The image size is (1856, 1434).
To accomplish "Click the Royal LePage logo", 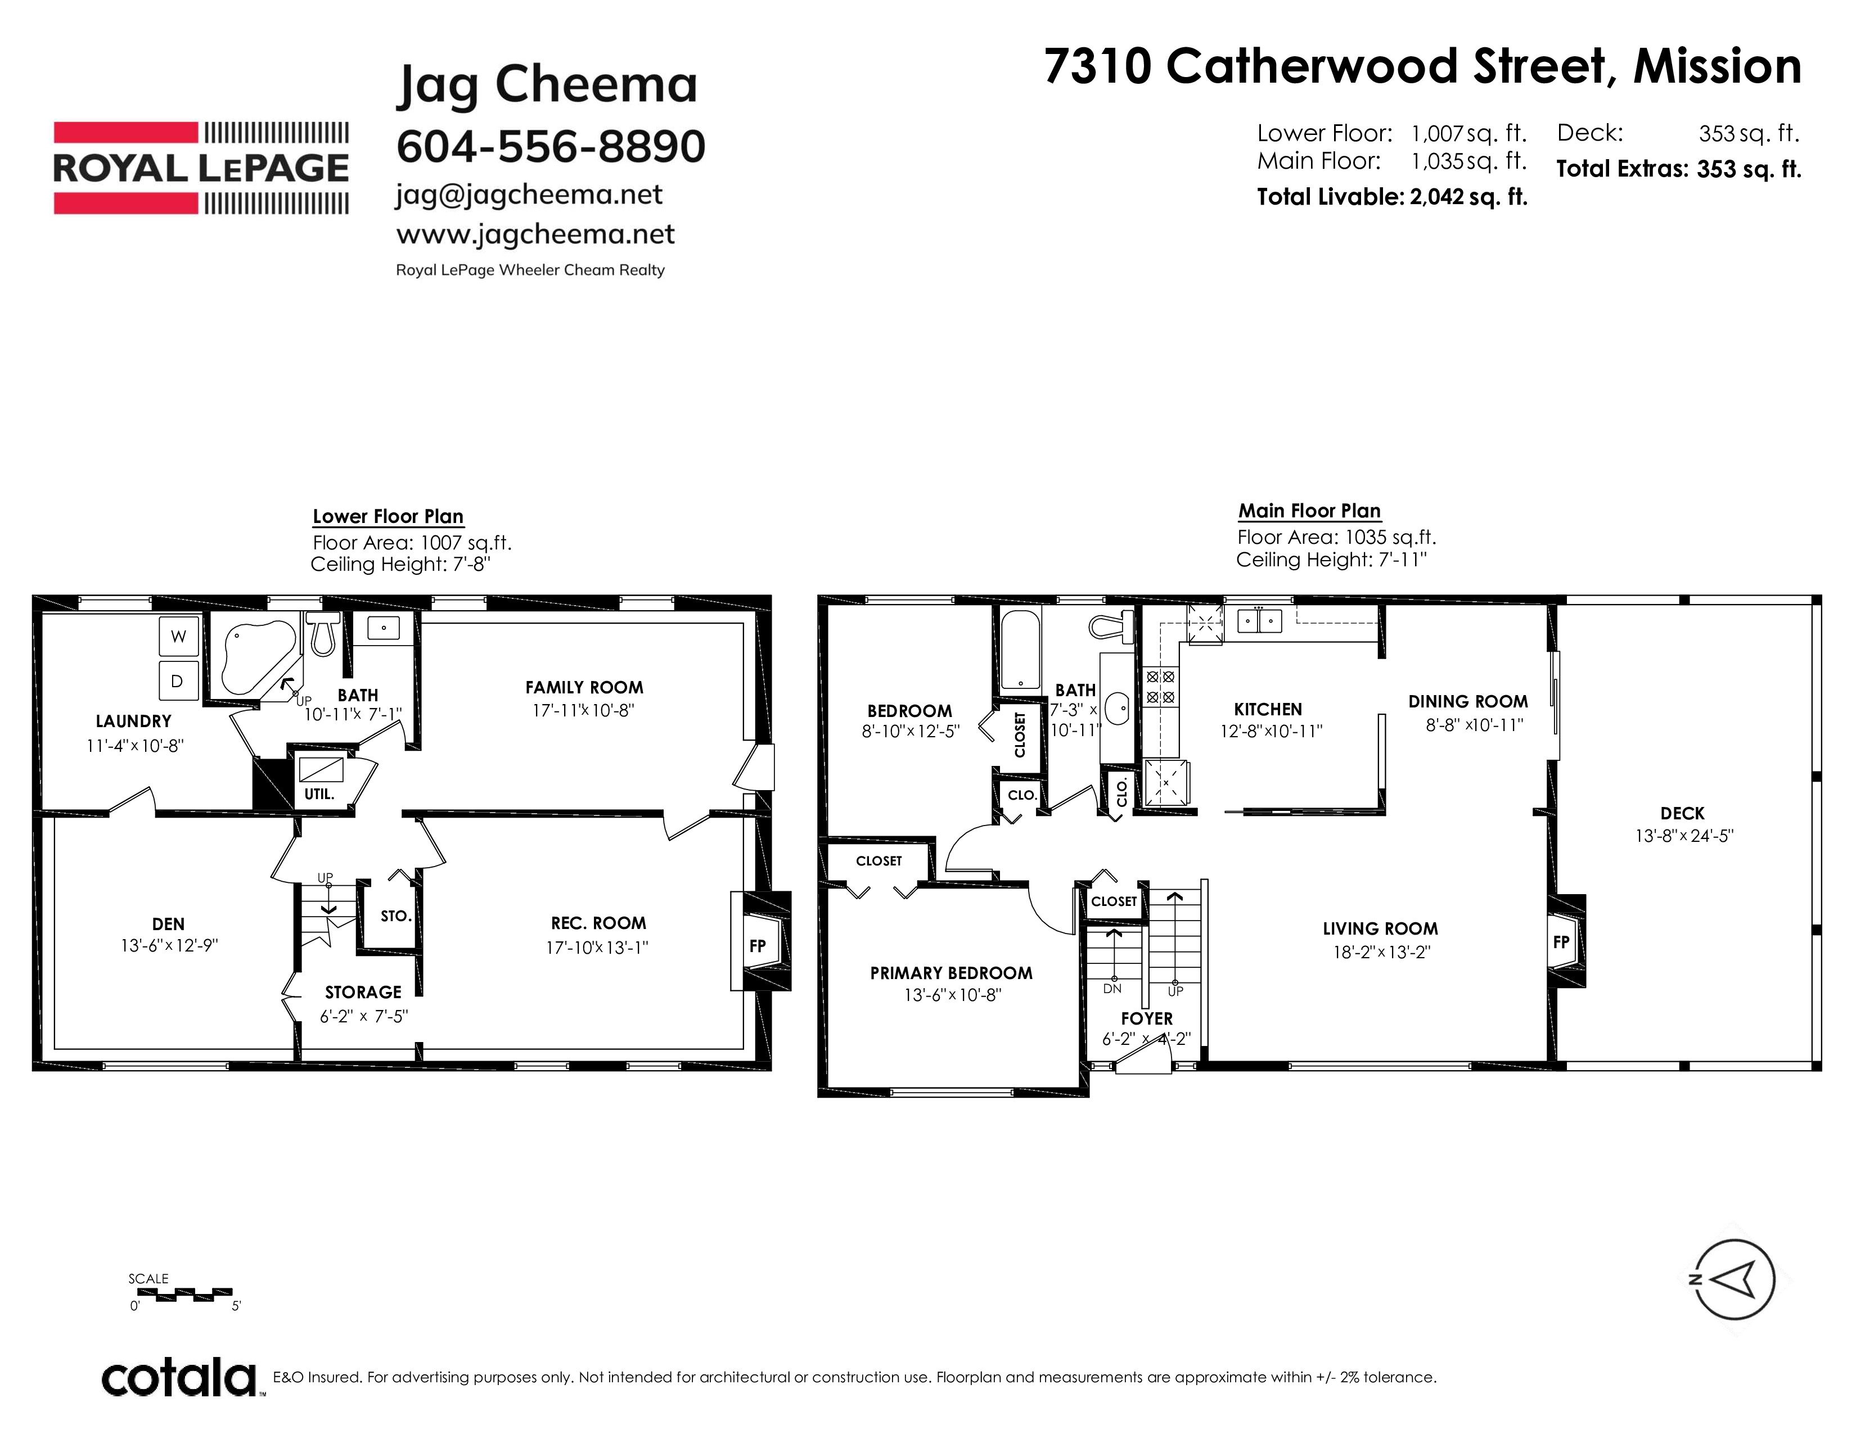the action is (x=201, y=168).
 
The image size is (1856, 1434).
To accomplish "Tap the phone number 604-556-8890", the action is (x=551, y=146).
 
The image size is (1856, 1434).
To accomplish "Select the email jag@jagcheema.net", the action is (x=529, y=195).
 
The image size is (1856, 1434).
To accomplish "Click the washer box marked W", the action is (x=178, y=636).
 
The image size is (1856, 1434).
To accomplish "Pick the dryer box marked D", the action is (x=178, y=680).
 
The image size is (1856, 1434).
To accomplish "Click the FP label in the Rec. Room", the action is (x=757, y=945).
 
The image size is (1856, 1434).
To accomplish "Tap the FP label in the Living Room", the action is (x=1561, y=941).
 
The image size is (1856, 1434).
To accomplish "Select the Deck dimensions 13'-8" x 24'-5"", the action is (x=1683, y=836).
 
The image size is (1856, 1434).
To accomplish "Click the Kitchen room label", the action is (x=1268, y=709).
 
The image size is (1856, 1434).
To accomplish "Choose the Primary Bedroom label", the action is (x=951, y=973).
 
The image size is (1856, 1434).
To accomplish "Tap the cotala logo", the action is (x=178, y=1378).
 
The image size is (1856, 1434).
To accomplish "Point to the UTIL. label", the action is (x=319, y=794).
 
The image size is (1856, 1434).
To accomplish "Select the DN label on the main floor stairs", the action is (x=1112, y=989).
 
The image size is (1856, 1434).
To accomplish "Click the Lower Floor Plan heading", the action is (x=389, y=516).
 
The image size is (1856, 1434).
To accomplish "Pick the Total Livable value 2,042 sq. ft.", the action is (x=1468, y=197).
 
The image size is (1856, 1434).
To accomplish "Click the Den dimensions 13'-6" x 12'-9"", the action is (x=169, y=945).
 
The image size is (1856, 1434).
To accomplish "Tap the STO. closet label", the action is (x=396, y=916).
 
